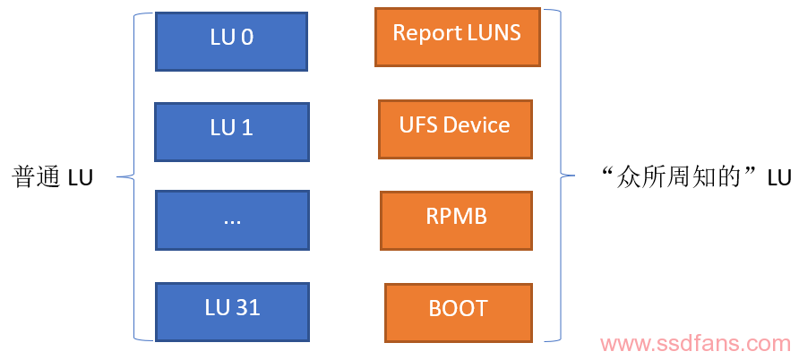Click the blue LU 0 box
coord(231,42)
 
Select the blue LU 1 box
coord(232,133)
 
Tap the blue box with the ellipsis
coord(232,220)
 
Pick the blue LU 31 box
coord(232,313)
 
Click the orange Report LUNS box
coord(458,38)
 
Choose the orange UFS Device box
coord(456,129)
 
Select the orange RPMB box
coord(457,221)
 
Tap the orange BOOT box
coord(459,313)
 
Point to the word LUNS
coord(494,33)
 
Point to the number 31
coord(247,307)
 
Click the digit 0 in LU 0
coord(246,38)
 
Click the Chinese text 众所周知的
coord(678,178)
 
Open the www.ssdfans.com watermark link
coord(696,345)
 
